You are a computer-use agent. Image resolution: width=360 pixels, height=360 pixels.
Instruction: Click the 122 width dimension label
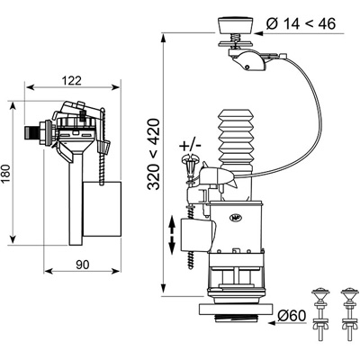pos(72,81)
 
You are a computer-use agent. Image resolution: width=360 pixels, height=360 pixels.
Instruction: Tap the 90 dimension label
pos(83,265)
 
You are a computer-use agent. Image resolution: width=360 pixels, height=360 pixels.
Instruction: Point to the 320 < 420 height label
pos(154,154)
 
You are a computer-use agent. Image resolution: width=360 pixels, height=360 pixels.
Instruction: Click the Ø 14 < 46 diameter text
pos(301,23)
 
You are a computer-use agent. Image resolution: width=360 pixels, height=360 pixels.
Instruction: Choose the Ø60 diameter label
pos(292,315)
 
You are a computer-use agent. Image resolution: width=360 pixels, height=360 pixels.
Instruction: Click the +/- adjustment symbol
pos(190,146)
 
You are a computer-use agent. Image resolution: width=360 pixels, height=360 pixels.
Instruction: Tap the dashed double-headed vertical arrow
pos(172,236)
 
